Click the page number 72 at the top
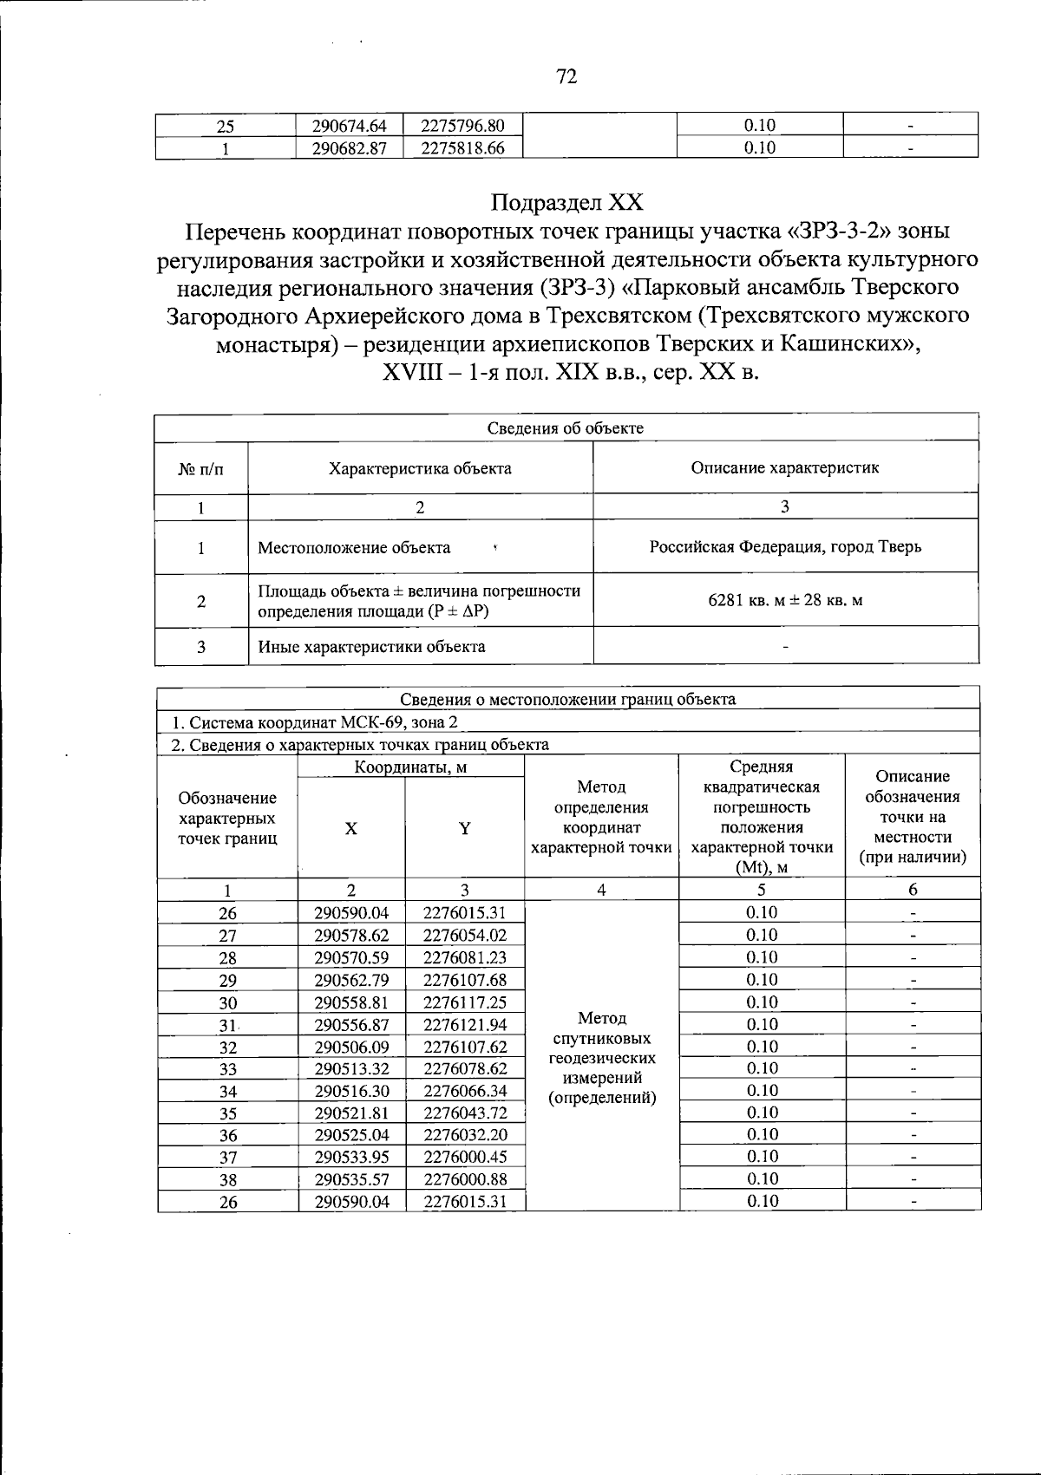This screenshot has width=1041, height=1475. click(566, 77)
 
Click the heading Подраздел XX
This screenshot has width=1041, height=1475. click(567, 203)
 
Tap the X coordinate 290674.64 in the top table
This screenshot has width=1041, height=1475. click(350, 126)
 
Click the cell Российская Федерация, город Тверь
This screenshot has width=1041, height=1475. click(785, 547)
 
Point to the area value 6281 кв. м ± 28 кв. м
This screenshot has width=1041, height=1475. click(785, 600)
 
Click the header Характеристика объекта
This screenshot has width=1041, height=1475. click(420, 468)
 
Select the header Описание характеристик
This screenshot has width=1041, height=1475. click(785, 468)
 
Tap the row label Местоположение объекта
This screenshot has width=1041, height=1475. click(354, 548)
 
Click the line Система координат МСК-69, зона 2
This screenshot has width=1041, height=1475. click(314, 722)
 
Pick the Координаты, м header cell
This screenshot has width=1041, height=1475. click(410, 767)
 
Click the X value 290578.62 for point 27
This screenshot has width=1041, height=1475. click(351, 936)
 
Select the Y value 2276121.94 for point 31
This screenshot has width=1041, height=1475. click(464, 1025)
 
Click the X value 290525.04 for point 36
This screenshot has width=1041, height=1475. click(351, 1135)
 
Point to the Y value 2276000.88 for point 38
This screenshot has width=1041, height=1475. click(464, 1179)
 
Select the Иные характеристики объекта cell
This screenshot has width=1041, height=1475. click(371, 647)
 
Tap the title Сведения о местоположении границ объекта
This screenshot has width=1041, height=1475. click(567, 700)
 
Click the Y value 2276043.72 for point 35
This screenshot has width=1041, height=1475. click(464, 1113)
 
